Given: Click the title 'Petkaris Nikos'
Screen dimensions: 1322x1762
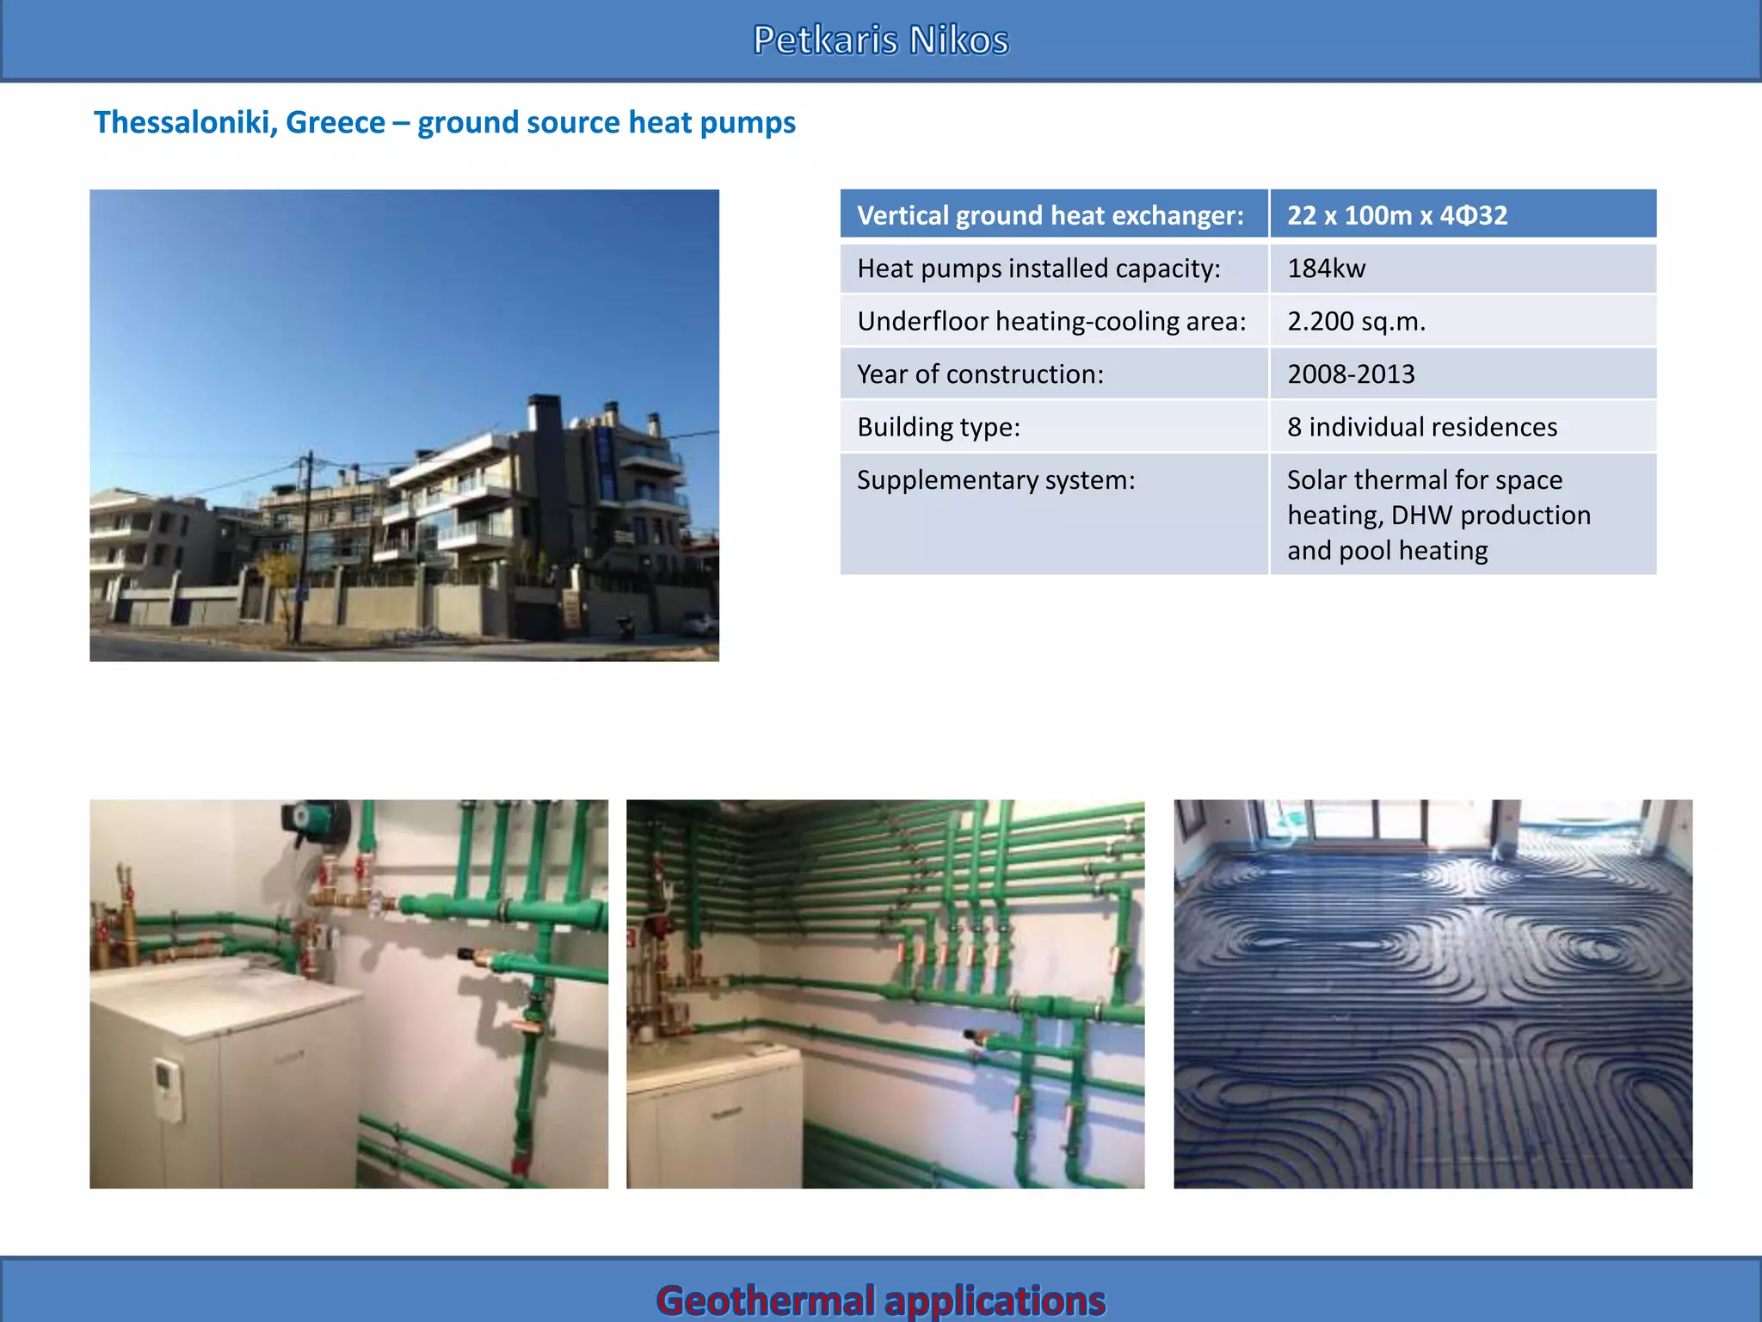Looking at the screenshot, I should pos(880,40).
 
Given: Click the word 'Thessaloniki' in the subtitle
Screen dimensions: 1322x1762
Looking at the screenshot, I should pos(183,123).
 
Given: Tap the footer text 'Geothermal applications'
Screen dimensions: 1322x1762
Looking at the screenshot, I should pos(880,1299).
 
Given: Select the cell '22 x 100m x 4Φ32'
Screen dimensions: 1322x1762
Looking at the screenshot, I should pos(1396,215).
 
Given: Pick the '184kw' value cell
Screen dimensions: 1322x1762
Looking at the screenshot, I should pos(1326,269).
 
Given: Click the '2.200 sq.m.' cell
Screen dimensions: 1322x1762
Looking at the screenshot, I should pos(1356,321).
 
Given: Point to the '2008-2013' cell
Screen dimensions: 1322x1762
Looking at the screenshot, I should pos(1351,374).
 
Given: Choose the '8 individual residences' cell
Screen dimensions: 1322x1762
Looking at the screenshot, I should pos(1421,427).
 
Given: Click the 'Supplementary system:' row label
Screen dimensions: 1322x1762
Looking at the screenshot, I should pos(995,480).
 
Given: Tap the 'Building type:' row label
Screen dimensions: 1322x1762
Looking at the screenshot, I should pos(938,427).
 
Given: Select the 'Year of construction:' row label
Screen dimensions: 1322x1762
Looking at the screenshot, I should pos(980,374).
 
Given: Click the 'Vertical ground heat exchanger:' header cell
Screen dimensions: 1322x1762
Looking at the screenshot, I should pos(1050,215).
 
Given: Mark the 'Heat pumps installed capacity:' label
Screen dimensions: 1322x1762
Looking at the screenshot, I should pos(1038,269).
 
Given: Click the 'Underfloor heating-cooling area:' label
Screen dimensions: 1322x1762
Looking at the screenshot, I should pos(1051,321).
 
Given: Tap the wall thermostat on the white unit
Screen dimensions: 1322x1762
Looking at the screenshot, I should pos(167,1089).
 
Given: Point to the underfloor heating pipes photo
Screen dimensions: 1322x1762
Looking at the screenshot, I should pos(1432,994).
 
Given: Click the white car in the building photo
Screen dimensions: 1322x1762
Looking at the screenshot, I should pos(699,623).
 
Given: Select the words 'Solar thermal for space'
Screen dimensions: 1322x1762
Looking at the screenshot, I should pos(1424,480).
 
